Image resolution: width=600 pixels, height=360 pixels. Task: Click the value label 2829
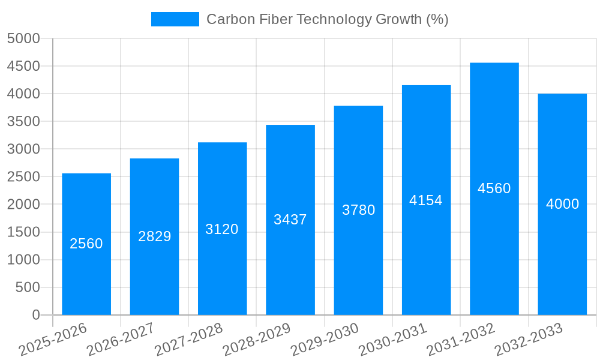[155, 236]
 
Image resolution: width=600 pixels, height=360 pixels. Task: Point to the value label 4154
[426, 200]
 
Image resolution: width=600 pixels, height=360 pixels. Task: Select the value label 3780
[358, 210]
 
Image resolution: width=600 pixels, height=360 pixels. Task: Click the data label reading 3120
[222, 229]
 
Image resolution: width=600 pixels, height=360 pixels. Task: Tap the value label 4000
[562, 204]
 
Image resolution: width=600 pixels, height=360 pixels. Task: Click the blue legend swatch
[175, 19]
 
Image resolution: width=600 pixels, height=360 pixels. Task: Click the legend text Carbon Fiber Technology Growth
[327, 19]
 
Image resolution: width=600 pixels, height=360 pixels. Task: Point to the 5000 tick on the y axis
[23, 38]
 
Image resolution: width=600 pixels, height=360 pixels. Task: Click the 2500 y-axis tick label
[23, 177]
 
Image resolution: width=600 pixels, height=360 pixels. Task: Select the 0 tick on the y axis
[36, 315]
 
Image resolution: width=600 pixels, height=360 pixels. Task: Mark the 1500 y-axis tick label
[23, 232]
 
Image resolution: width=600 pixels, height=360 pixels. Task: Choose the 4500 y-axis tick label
[23, 66]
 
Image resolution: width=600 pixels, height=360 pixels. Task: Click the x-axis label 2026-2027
[121, 339]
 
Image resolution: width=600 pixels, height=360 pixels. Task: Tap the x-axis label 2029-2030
[325, 339]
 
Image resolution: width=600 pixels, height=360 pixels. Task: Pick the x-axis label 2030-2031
[392, 339]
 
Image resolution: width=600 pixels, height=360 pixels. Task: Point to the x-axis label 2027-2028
[188, 339]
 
